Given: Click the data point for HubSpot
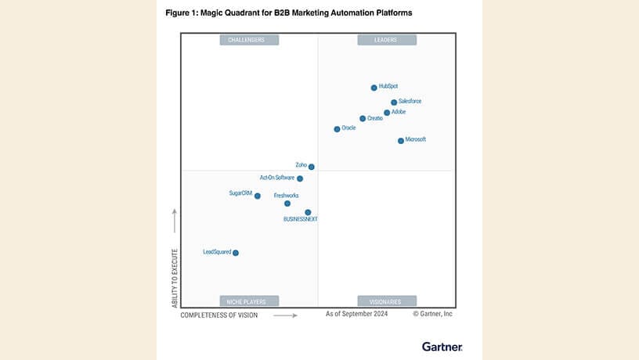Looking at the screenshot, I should [374, 88].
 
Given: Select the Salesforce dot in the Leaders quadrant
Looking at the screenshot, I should [394, 103].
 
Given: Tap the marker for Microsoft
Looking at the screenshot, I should [401, 141].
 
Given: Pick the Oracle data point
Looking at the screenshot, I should [338, 129].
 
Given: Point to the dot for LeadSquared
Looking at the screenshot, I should [236, 253].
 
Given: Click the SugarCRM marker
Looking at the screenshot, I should [258, 196].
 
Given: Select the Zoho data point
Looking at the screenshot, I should [312, 167].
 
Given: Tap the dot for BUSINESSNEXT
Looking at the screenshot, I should [308, 212].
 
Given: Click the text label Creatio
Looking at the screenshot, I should [375, 118].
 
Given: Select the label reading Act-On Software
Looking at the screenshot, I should [276, 178].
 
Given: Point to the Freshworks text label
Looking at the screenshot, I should [286, 195].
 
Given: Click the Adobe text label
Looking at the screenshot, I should [399, 112].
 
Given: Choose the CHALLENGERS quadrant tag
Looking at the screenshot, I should [249, 40].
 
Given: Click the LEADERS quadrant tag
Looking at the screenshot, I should [387, 40].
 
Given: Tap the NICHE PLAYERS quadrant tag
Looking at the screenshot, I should [249, 301].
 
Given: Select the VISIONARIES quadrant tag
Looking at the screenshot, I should [387, 301].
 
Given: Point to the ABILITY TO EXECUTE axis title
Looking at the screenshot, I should [175, 278].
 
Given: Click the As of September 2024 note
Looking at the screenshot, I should [357, 314].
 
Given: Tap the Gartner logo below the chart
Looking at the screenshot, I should [442, 346].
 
